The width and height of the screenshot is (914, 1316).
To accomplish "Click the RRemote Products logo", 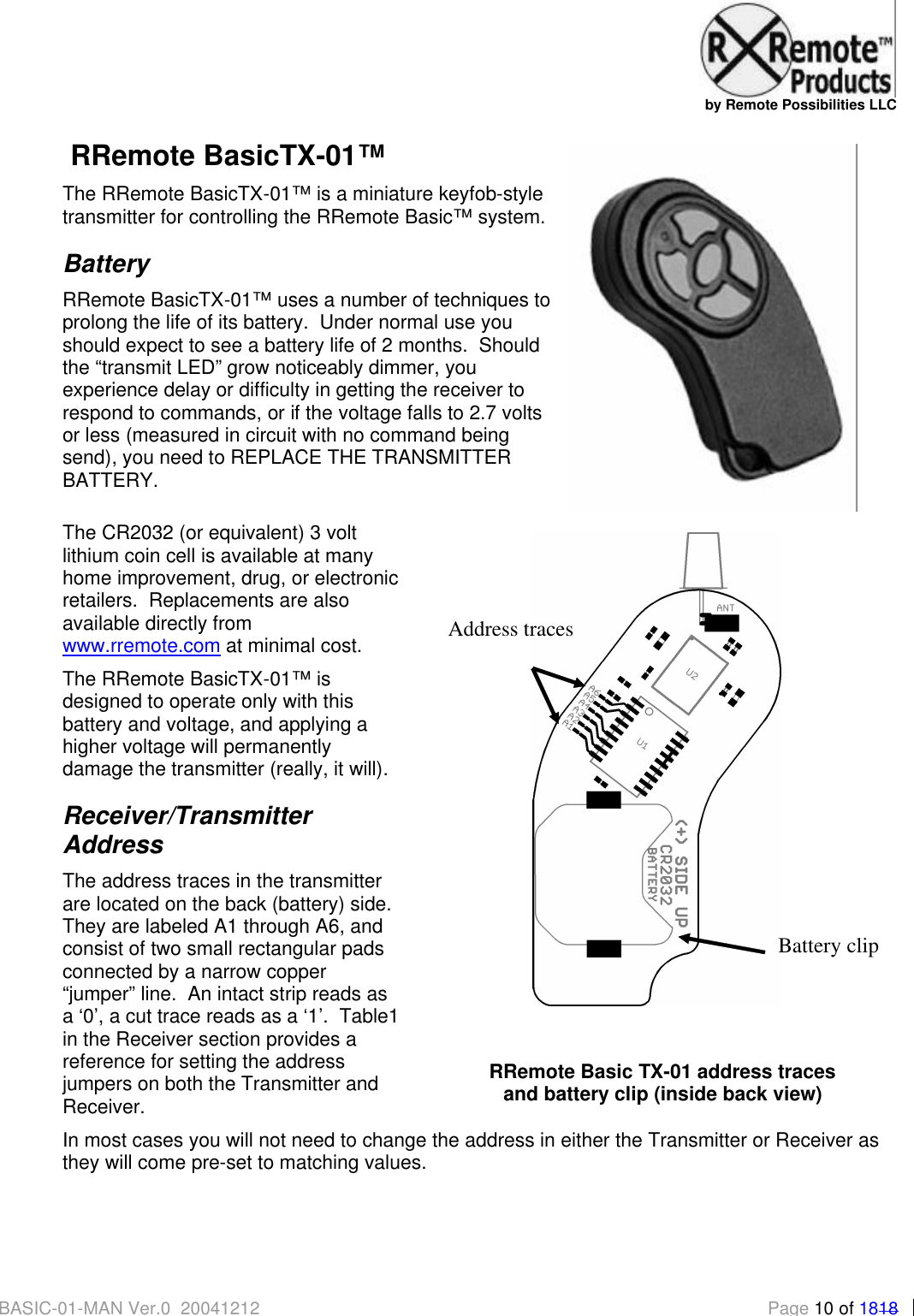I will click(797, 51).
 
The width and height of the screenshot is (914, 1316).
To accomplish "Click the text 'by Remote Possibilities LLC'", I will click(800, 105).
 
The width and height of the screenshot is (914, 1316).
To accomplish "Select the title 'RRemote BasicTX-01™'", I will click(228, 156).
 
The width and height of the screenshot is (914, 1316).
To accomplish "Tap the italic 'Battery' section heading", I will click(107, 264).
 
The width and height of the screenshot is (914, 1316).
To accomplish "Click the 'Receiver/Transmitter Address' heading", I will click(187, 830).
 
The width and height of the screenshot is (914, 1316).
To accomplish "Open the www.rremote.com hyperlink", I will click(141, 646).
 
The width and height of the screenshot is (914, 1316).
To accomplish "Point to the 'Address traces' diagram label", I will click(511, 630).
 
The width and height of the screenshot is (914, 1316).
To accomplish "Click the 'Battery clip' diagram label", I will click(828, 946).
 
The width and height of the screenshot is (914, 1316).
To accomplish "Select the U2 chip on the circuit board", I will click(691, 674).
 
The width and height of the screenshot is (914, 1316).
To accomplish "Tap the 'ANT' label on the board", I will click(725, 608).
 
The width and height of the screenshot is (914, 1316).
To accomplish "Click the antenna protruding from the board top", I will click(703, 560).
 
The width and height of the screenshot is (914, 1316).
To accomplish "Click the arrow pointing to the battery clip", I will click(723, 944).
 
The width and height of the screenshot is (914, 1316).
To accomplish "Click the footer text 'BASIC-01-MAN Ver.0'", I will click(85, 1307).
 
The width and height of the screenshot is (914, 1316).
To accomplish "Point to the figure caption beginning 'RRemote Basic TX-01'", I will click(662, 1082).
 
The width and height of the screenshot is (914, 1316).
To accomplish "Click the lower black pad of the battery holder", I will click(603, 948).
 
